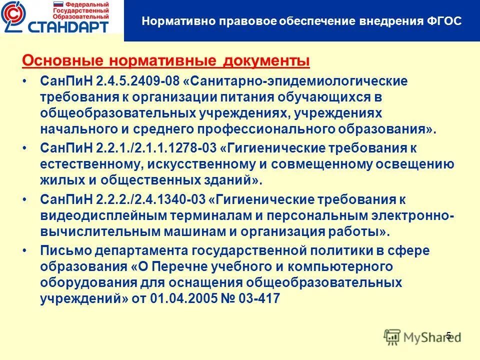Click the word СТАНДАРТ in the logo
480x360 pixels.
coord(69,26)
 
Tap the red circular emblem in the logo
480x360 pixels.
coord(14,18)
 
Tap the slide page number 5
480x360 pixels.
coord(448,335)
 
